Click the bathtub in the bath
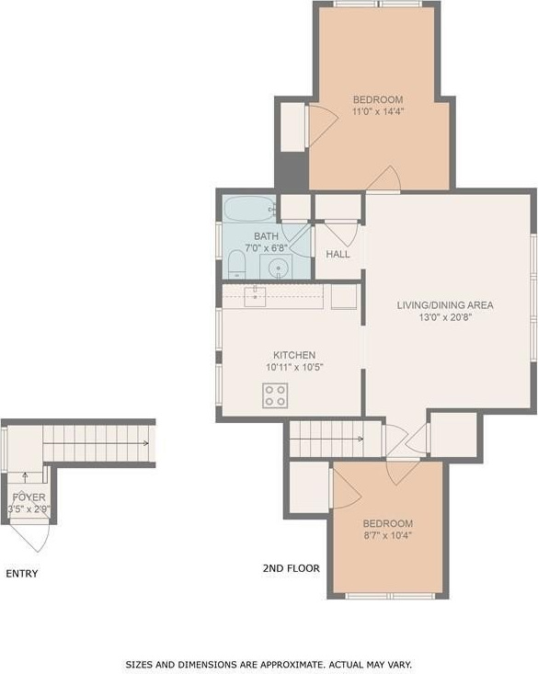coord(249,210)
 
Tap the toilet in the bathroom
coord(236,264)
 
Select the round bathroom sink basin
coord(279,268)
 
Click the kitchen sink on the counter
coord(255,297)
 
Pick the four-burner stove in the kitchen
coord(275,395)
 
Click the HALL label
coord(338,254)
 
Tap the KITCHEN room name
coord(294,355)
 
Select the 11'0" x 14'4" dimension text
coord(378,112)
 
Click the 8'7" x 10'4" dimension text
coord(388,535)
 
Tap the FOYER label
coord(29,497)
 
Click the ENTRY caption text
coord(22,574)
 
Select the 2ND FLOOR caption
coord(292,568)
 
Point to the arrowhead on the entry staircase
coord(146,443)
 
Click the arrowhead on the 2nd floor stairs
coord(361,439)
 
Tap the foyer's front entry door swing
coord(30,537)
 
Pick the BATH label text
coord(266,236)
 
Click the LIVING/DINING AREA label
coord(445,305)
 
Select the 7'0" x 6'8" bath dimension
coord(266,248)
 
